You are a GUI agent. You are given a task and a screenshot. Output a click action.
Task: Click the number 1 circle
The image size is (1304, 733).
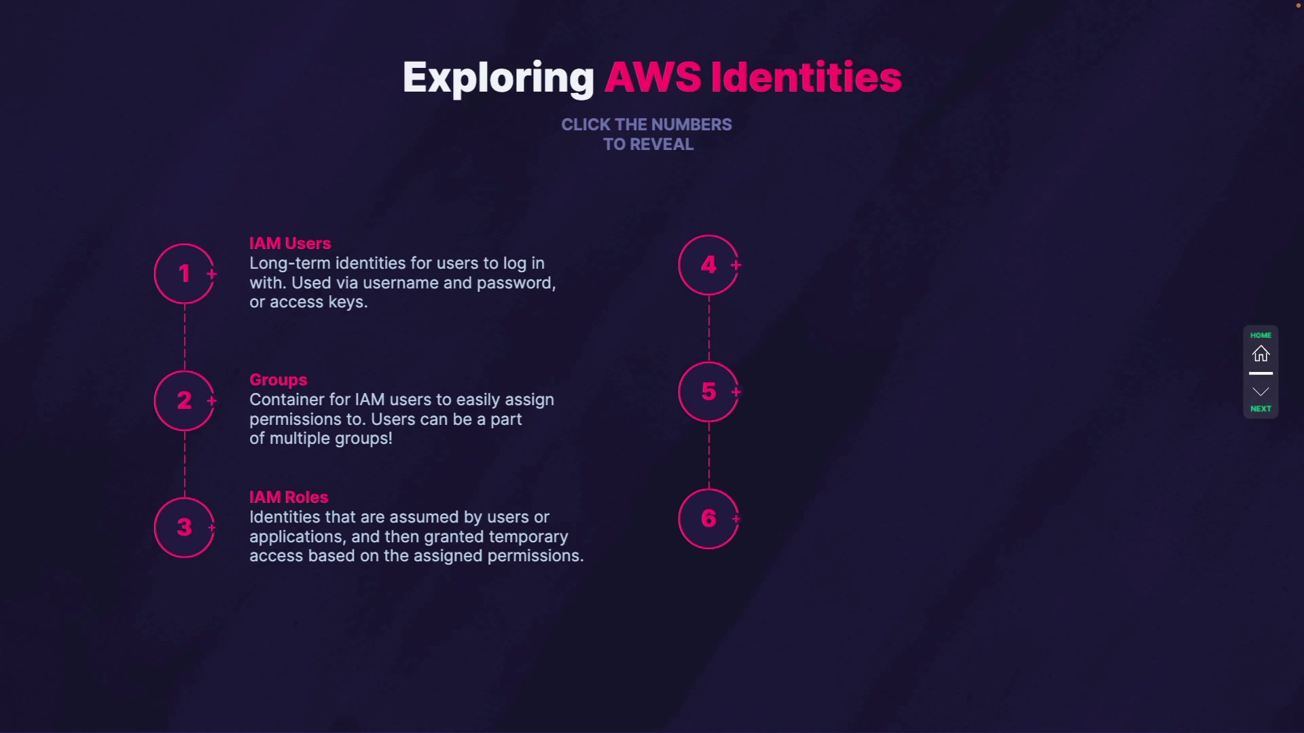184,274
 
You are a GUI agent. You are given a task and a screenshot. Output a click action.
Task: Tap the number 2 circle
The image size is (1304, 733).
184,400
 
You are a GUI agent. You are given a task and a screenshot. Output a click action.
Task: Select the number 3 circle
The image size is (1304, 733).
184,527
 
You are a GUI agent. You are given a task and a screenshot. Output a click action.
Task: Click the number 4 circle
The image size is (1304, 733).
708,265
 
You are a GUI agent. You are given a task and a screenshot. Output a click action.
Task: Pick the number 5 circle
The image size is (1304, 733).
708,392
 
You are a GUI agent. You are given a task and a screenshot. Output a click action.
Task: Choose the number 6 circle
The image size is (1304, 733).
708,519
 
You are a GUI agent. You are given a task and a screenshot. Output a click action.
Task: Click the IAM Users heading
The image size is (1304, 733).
290,243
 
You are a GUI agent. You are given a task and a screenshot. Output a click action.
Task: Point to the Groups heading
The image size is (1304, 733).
278,379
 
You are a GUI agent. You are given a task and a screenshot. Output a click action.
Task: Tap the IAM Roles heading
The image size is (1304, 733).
289,497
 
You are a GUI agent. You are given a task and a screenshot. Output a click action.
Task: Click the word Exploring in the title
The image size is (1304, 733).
498,77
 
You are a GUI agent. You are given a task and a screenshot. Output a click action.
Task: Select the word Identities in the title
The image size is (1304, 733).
806,77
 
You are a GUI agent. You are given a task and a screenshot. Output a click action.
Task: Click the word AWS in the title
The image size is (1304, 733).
653,77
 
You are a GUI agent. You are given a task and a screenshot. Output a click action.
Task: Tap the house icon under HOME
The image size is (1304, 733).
1261,354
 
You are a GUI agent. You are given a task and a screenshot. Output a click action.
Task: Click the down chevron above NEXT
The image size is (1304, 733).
1261,392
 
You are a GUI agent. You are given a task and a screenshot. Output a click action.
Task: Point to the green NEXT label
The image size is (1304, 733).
1261,409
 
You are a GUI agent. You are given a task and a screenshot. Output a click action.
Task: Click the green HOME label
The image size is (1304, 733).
1261,335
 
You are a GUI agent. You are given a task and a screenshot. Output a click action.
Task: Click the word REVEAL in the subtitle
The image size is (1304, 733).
662,145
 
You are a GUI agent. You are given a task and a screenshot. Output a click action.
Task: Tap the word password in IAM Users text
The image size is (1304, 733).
515,283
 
